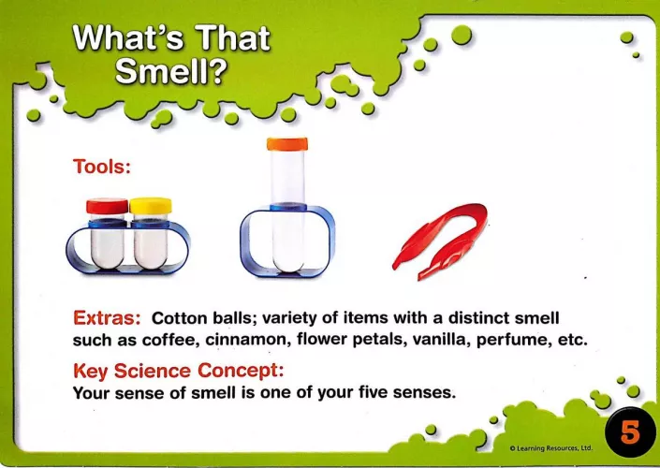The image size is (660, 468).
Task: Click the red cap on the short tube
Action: coord(108,206)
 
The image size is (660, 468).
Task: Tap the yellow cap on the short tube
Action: coord(151,206)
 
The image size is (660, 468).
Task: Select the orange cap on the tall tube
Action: coord(287,144)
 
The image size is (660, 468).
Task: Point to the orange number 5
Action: coord(630,432)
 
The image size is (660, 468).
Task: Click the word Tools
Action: coord(102,167)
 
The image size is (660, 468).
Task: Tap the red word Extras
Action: coord(107,317)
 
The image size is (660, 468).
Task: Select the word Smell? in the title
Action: coord(171,71)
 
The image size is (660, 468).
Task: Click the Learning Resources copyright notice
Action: coord(550,448)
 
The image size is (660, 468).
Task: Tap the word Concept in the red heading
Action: coord(241,371)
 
